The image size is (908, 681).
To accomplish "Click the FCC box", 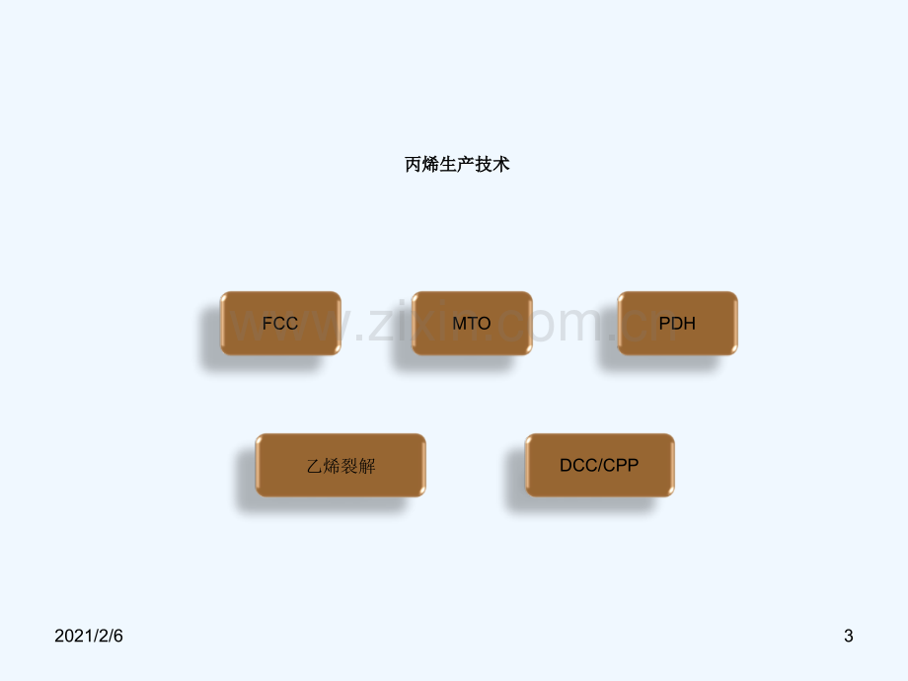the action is [280, 323].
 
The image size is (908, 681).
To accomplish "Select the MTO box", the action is [472, 323].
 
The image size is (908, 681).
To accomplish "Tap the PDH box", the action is [677, 323].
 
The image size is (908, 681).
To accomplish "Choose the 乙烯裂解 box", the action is [340, 465].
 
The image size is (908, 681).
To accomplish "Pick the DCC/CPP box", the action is [599, 465].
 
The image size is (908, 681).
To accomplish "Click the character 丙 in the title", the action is [413, 165].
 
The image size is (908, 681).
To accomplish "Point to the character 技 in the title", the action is [484, 165].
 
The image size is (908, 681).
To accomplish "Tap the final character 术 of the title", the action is [501, 165].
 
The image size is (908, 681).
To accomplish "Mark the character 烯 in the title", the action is [430, 165].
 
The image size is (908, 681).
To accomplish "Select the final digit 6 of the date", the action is [118, 636].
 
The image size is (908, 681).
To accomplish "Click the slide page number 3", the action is [849, 636].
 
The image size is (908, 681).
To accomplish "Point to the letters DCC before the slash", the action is [578, 465].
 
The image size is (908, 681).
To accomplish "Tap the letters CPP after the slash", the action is [621, 465].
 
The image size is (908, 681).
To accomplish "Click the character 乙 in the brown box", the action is [315, 466].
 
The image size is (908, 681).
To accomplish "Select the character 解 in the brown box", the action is [367, 466].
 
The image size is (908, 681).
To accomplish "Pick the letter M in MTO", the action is [459, 323].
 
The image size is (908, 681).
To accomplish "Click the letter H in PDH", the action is [689, 323].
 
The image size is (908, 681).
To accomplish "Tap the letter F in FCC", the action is [267, 323].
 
